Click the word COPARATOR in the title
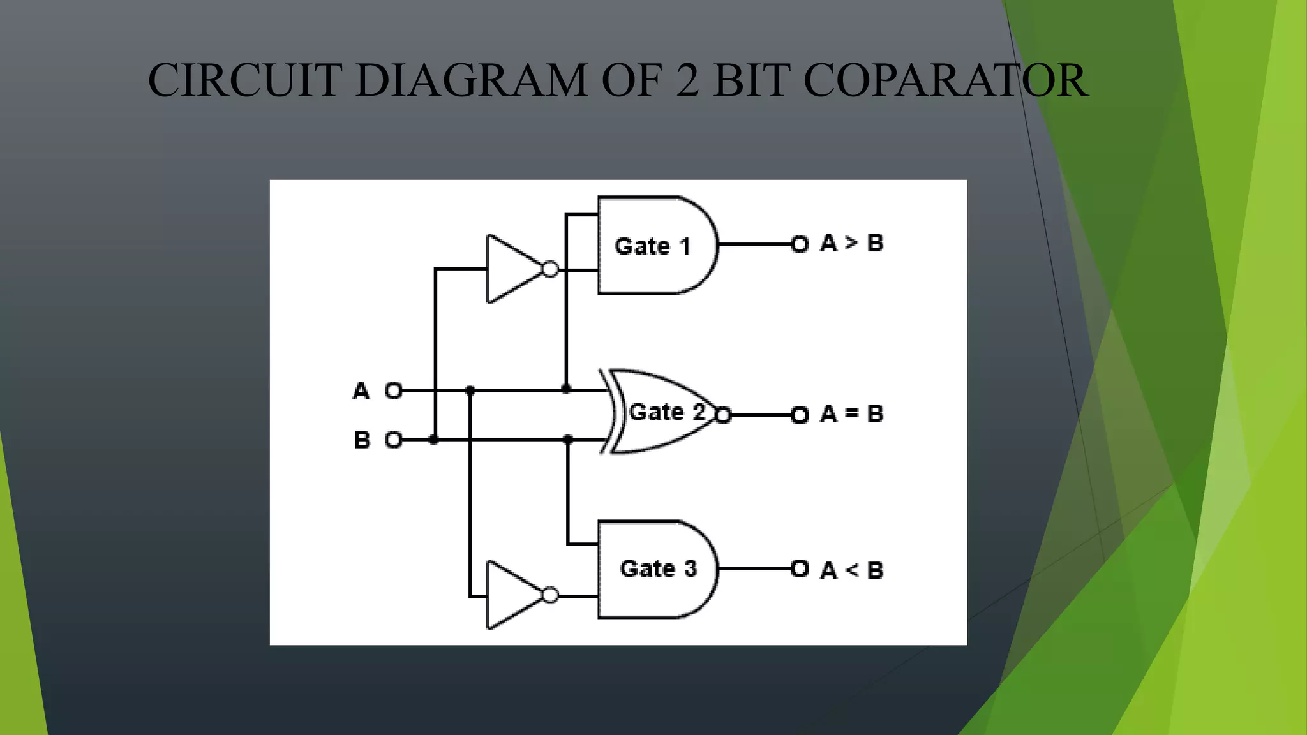[945, 81]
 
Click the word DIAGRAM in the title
[471, 81]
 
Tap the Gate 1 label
[652, 246]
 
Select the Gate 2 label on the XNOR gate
[667, 412]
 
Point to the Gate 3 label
[658, 568]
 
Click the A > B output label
[851, 243]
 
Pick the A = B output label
[851, 414]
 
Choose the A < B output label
[851, 570]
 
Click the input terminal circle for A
[394, 390]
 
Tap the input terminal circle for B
[394, 440]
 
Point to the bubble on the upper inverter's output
[550, 269]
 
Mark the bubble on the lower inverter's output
[550, 595]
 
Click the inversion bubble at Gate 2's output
[723, 415]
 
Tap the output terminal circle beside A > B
[800, 244]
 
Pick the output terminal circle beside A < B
[800, 568]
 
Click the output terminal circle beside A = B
[800, 415]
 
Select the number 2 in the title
[687, 81]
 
